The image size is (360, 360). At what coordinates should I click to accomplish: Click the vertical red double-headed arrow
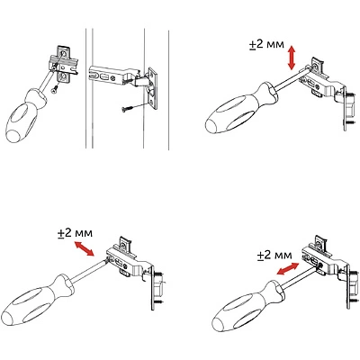pos(292,58)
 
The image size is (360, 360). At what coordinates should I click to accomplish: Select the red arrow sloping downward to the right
pos(85,248)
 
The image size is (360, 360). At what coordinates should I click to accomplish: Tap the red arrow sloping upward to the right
pos(288,268)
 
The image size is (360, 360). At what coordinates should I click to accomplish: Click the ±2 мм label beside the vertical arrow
pos(266,45)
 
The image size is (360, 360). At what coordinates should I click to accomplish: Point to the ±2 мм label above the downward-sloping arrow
pos(76,233)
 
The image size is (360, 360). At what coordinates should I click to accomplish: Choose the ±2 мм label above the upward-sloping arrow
pos(274,256)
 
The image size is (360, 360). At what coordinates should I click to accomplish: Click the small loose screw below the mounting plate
pos(55,89)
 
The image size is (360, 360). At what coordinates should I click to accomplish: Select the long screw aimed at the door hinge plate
pos(135,106)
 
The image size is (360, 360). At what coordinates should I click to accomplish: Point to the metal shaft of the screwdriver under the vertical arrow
pos(292,78)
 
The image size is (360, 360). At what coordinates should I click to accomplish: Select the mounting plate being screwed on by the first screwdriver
pos(63,64)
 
